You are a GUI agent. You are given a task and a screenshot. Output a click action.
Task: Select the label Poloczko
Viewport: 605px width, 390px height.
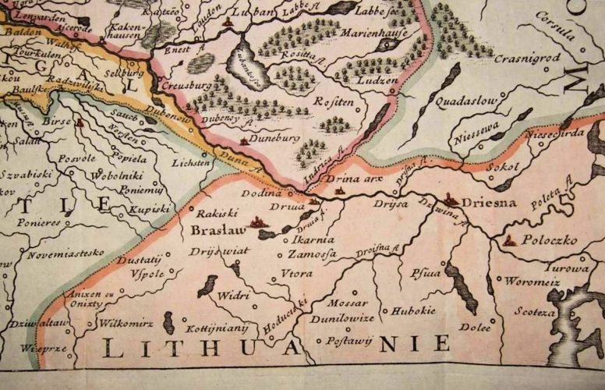point(550,240)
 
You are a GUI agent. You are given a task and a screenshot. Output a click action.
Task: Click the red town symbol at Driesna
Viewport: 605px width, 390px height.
point(450,200)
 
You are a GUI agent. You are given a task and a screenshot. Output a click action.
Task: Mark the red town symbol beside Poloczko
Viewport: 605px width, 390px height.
point(509,239)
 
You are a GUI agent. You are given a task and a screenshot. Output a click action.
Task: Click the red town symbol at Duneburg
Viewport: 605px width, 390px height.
point(245,140)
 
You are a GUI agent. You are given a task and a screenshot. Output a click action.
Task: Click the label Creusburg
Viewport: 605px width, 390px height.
point(187,87)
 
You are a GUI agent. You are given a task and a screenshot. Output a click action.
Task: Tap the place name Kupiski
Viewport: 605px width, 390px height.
point(150,209)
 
